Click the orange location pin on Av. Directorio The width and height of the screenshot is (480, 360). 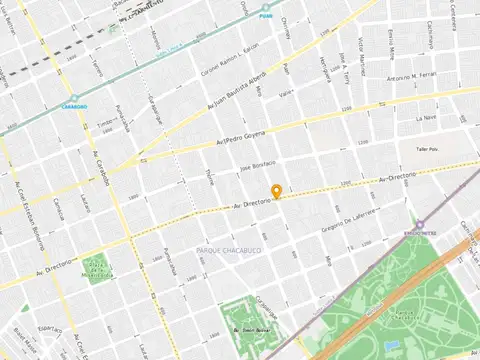pyautogui.click(x=276, y=191)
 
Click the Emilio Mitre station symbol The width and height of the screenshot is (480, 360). pyautogui.click(x=420, y=226)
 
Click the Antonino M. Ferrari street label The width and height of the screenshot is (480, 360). pyautogui.click(x=414, y=77)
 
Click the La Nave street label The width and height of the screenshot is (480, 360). pyautogui.click(x=426, y=117)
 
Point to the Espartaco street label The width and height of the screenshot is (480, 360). pyautogui.click(x=50, y=328)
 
